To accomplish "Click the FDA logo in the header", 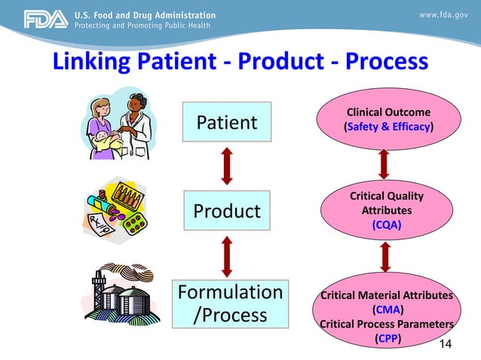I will point(46,20).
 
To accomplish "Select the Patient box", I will point(227,122).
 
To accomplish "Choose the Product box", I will point(227,212).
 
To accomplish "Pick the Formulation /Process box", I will point(230,303).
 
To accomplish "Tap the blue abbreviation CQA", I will point(386,224).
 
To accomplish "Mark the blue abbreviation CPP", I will point(388,338).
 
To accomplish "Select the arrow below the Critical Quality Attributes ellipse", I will point(385,256).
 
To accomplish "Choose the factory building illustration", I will point(121,296).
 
